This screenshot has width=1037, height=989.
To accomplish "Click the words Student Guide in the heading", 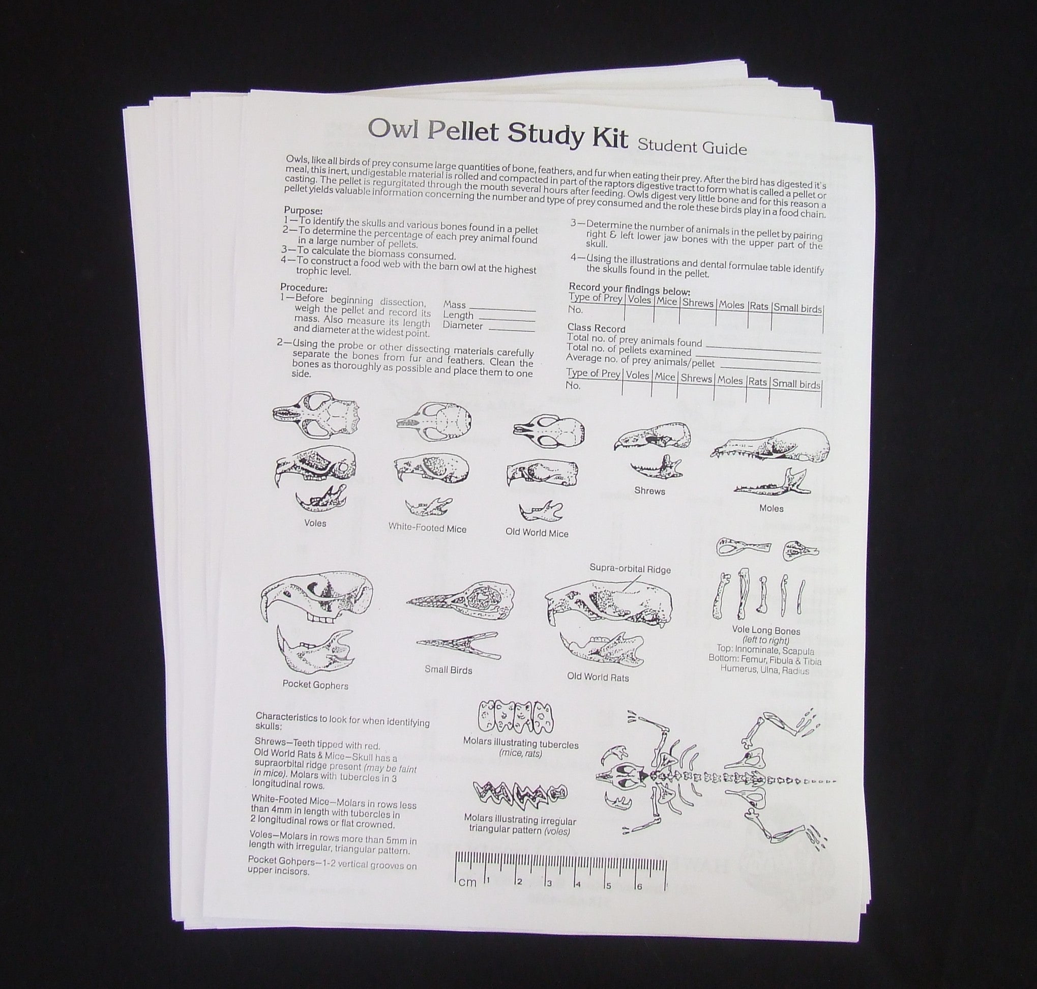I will [x=691, y=146].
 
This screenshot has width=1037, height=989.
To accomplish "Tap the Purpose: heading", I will [x=303, y=210].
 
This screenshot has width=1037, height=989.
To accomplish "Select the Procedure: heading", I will [x=304, y=288].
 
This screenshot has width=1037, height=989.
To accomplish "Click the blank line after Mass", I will [x=501, y=307].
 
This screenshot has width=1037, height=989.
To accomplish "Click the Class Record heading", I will [x=596, y=328].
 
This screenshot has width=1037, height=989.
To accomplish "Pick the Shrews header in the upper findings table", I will [x=697, y=303].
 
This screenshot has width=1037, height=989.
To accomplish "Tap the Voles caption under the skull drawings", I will [x=315, y=523].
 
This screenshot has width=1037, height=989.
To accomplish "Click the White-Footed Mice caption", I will [x=427, y=527].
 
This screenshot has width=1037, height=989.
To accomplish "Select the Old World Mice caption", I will [x=537, y=533].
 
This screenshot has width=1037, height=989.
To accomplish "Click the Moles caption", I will [x=771, y=508].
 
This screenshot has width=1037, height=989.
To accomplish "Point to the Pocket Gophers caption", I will [x=315, y=685].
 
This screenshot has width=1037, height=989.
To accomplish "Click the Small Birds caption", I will [x=448, y=670].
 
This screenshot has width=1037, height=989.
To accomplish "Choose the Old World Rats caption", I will [x=598, y=678].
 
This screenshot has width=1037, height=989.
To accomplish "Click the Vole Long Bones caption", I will [x=765, y=630].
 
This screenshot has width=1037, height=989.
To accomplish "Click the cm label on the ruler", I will [x=467, y=883].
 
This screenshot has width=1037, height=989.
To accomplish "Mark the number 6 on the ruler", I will [x=639, y=886].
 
